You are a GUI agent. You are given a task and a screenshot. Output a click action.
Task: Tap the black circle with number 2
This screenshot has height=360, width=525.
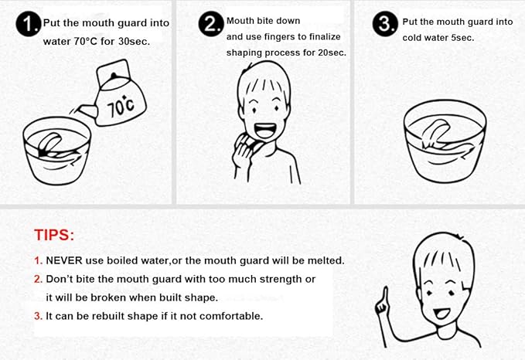click(210, 25)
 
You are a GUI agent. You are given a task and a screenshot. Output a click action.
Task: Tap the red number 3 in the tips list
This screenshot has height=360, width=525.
click(37, 315)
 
